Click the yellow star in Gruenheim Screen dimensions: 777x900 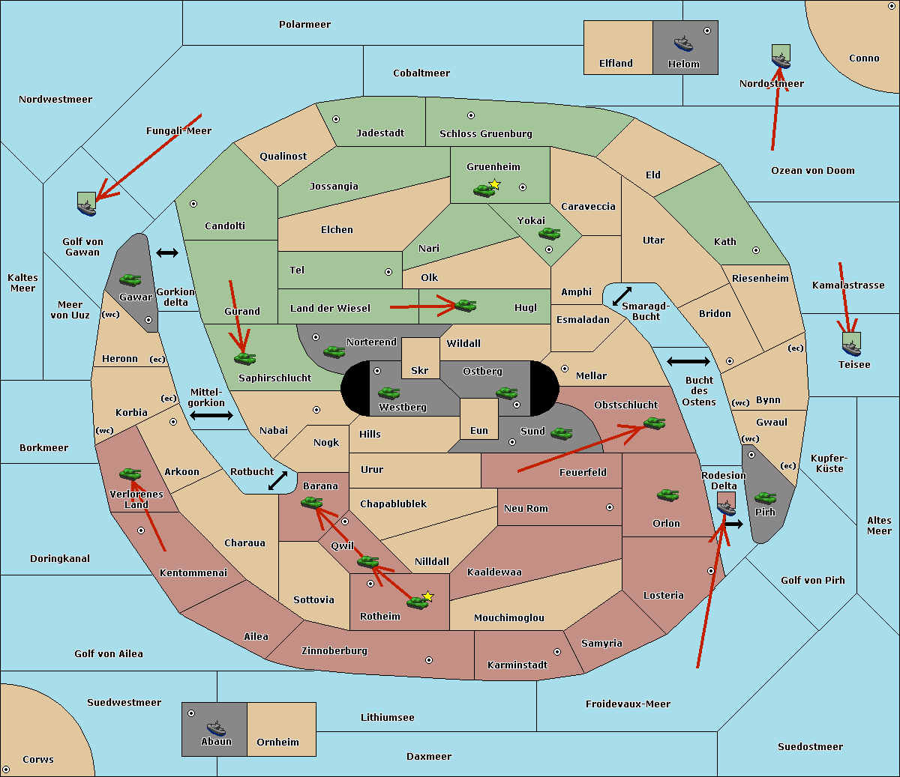click(494, 184)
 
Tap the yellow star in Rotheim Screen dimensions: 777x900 click(427, 596)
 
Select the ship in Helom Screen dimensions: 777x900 click(683, 43)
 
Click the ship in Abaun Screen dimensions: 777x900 click(216, 728)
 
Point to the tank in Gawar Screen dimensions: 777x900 click(130, 279)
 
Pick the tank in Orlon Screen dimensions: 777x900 click(667, 495)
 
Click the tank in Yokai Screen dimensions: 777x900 click(550, 234)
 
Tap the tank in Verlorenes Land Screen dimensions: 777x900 click(130, 474)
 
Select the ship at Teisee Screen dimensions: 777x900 click(851, 345)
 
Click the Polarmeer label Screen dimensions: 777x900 click(304, 25)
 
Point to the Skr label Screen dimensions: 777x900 click(420, 370)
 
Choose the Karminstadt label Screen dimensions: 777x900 click(517, 665)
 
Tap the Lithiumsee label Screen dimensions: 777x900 click(388, 717)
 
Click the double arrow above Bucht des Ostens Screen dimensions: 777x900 click(688, 362)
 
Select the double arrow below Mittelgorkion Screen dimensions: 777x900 click(211, 415)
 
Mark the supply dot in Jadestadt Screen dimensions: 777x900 click(336, 119)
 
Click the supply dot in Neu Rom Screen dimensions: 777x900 click(610, 507)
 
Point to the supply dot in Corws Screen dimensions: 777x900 click(6, 770)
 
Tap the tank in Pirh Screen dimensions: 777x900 click(765, 498)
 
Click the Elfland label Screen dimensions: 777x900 click(616, 64)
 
